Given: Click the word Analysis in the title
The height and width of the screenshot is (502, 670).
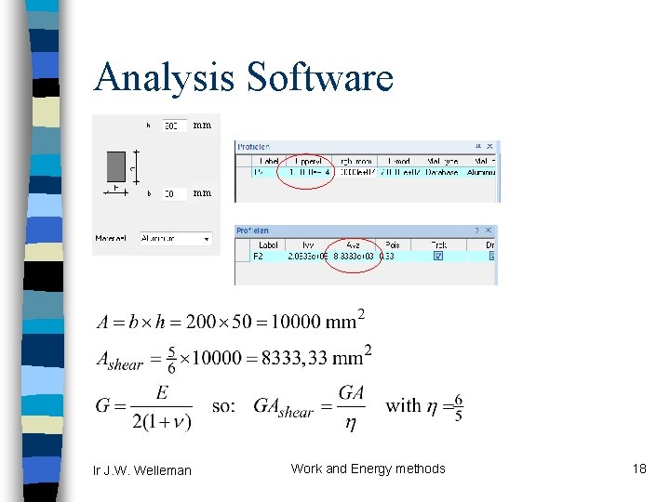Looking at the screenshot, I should coord(165,78).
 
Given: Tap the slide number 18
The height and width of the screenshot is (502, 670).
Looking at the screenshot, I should coord(638,469).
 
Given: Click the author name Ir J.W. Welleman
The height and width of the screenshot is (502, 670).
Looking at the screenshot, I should coord(141,470).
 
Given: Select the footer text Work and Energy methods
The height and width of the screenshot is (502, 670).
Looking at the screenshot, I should coord(368,469).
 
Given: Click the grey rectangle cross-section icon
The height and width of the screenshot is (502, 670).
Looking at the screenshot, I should coord(116,167).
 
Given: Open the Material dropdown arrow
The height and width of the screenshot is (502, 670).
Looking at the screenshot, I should coord(206,239).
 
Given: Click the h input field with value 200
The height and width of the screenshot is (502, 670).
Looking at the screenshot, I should coord(174,125).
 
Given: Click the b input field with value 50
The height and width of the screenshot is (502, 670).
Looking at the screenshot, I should coord(174,194).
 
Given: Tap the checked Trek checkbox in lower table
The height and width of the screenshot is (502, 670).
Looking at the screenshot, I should coord(437,256).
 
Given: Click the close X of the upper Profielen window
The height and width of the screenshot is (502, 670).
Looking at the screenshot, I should coord(492,146).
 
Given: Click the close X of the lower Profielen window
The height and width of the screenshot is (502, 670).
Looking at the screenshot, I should coord(491,231).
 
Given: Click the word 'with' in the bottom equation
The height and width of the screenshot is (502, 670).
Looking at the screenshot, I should coord(404,404).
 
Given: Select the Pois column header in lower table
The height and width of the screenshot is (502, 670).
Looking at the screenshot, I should coord(393,244).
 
